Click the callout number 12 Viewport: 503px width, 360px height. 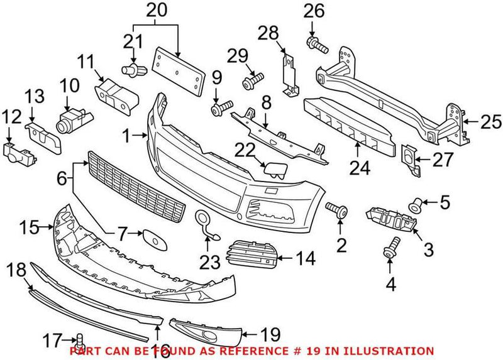[x=9, y=117]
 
